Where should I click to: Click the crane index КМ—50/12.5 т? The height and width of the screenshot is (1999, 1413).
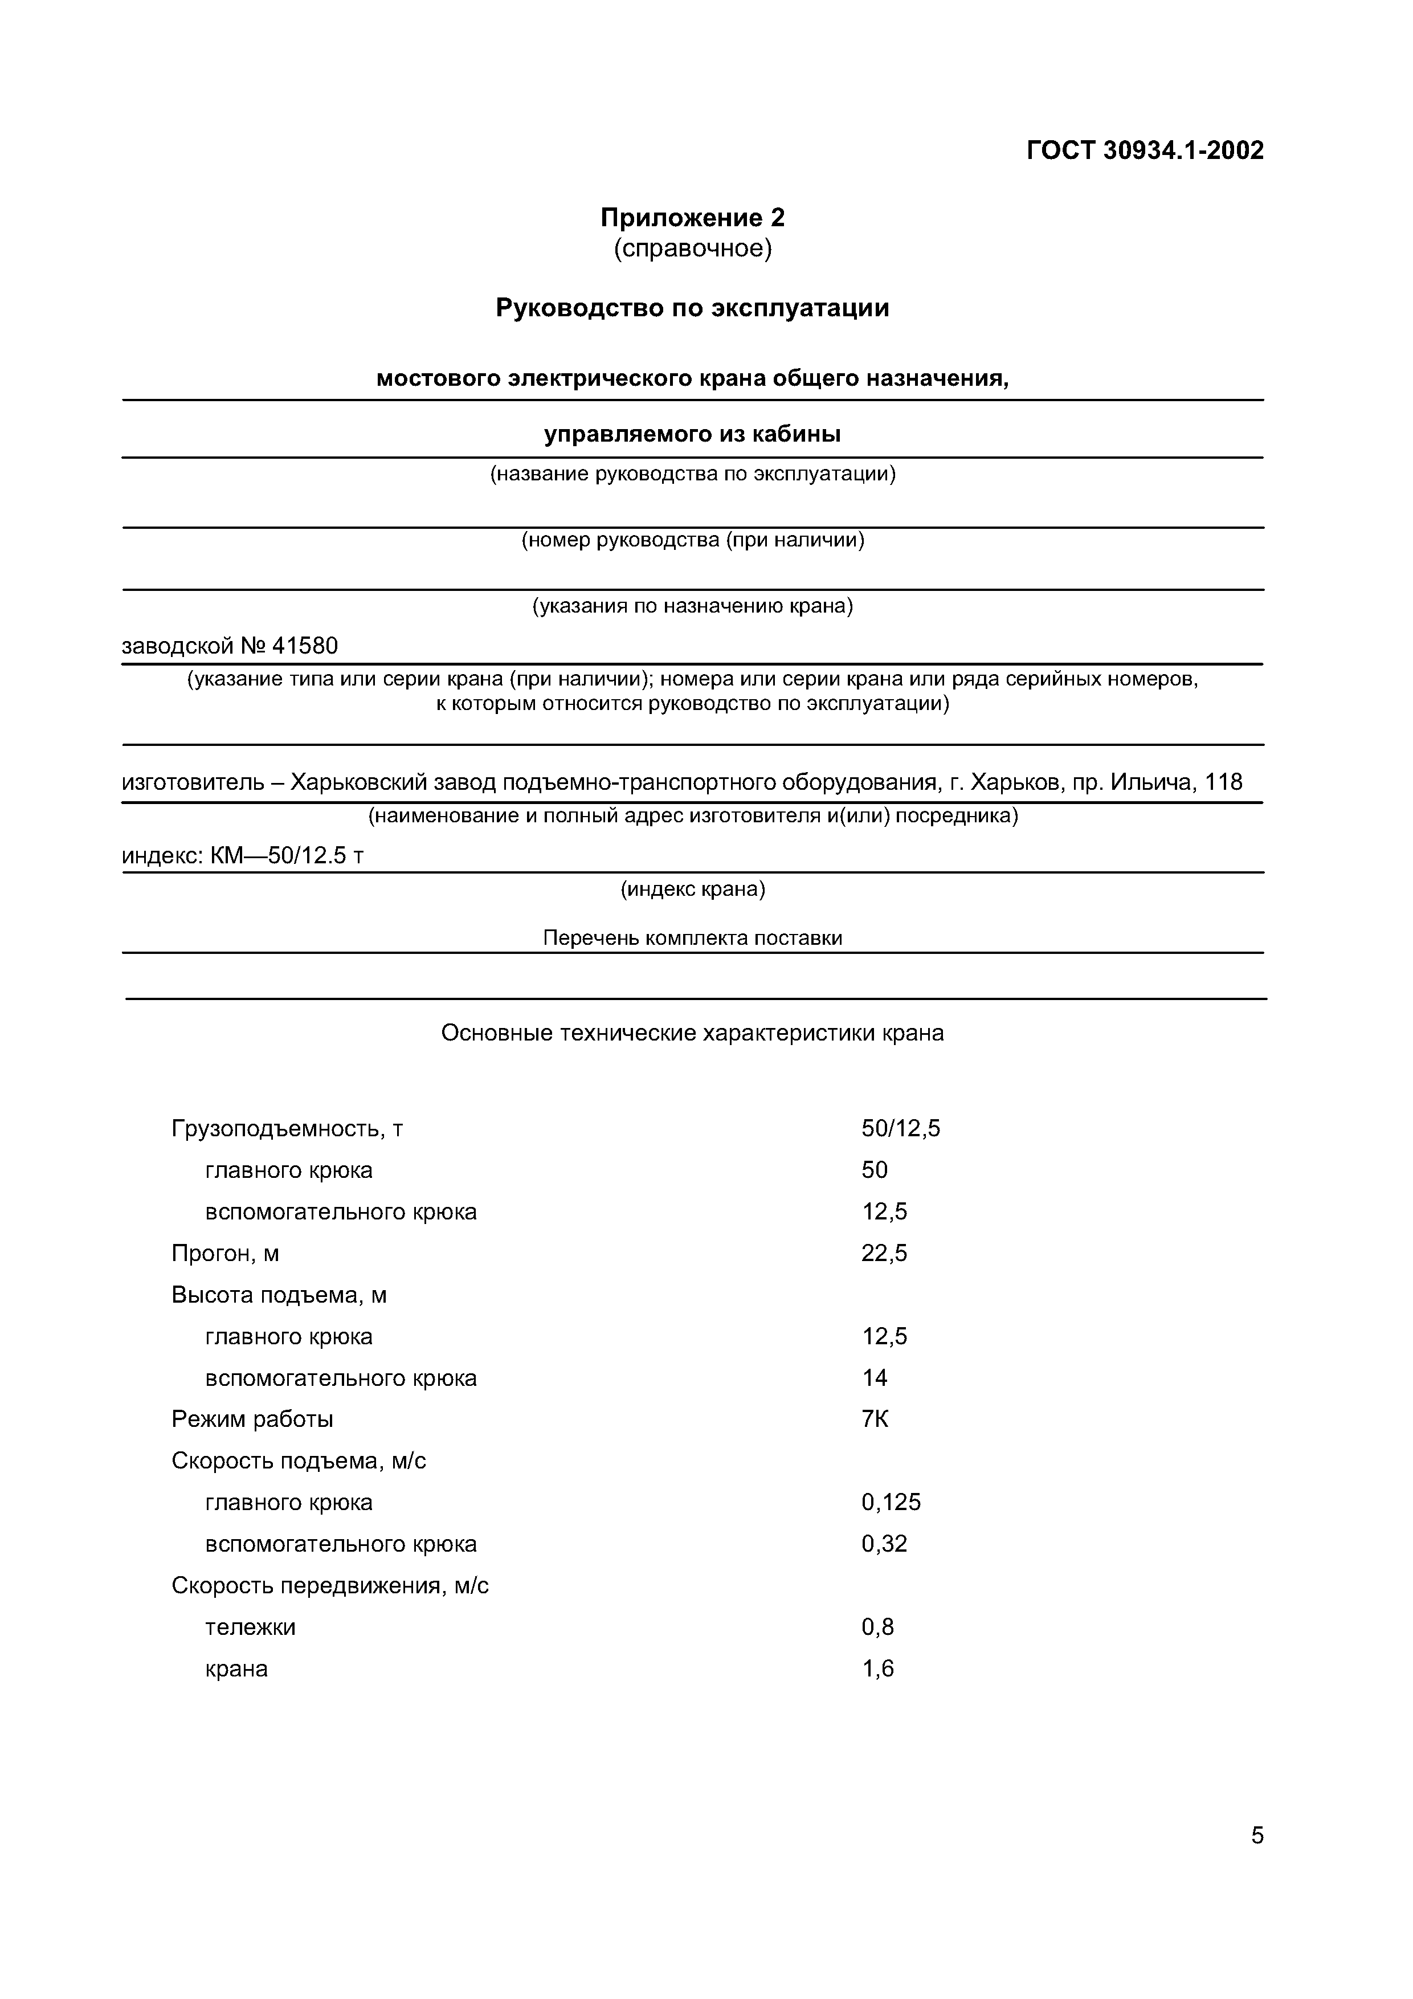click(287, 856)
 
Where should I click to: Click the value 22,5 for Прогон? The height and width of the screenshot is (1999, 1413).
click(884, 1254)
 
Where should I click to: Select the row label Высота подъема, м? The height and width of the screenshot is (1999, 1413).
click(279, 1295)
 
